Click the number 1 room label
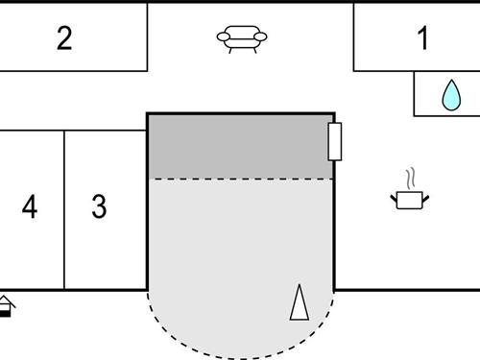pyautogui.click(x=422, y=39)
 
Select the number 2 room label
pyautogui.click(x=64, y=39)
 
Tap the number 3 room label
pyautogui.click(x=99, y=206)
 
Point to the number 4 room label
pyautogui.click(x=30, y=206)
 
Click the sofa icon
pyautogui.click(x=242, y=38)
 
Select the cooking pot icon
pyautogui.click(x=410, y=199)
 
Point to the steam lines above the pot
pyautogui.click(x=411, y=179)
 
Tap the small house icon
pyautogui.click(x=6, y=306)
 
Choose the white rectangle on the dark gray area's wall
pyautogui.click(x=335, y=141)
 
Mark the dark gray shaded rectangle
pyautogui.click(x=240, y=146)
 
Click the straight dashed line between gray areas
pyautogui.click(x=240, y=179)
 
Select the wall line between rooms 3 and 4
pyautogui.click(x=64, y=209)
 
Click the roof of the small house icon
pyautogui.click(x=6, y=300)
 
